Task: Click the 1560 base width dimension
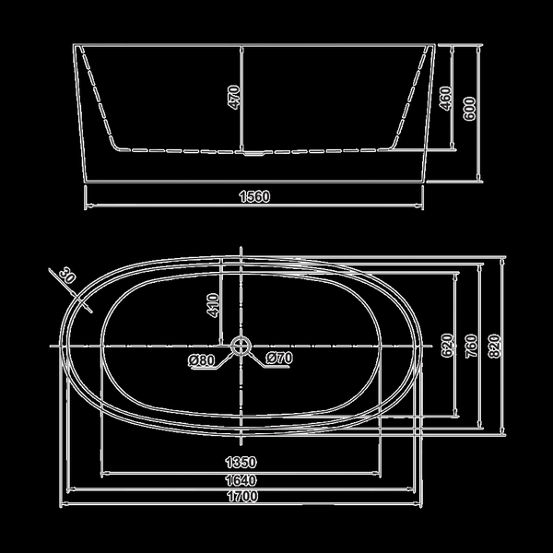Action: pyautogui.click(x=254, y=196)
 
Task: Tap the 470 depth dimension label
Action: pyautogui.click(x=234, y=98)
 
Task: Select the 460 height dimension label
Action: pyautogui.click(x=445, y=99)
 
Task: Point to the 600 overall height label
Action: pyautogui.click(x=469, y=109)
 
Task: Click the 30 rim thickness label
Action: pyautogui.click(x=67, y=275)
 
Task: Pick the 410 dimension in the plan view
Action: pyautogui.click(x=213, y=305)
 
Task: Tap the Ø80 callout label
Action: pyautogui.click(x=201, y=360)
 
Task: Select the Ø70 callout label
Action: pyautogui.click(x=279, y=358)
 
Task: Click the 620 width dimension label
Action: pyautogui.click(x=447, y=346)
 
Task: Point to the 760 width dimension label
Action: pyautogui.click(x=471, y=346)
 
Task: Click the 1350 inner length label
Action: pyautogui.click(x=241, y=462)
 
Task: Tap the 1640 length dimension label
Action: pyautogui.click(x=241, y=480)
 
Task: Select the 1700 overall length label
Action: pyautogui.click(x=242, y=496)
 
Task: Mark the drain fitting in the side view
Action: pyautogui.click(x=254, y=153)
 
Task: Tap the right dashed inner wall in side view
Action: pyautogui.click(x=411, y=99)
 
